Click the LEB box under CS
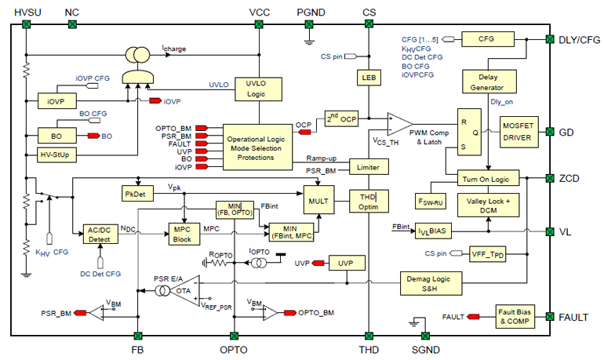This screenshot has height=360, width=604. coord(369,78)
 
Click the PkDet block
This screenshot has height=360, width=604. coord(138,194)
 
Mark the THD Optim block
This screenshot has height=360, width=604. coord(369,200)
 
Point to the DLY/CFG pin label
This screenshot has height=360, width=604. coord(579,39)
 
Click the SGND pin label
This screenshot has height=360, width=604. coord(425,349)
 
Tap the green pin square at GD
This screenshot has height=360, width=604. coord(549,131)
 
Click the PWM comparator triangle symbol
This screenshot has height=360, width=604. coord(401,123)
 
